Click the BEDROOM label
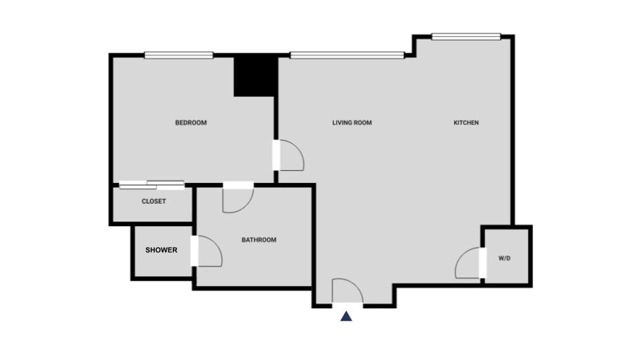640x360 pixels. click(191, 123)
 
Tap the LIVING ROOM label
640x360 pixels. click(352, 123)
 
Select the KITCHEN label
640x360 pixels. click(466, 123)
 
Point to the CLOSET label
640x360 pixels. click(154, 201)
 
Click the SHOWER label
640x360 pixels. click(161, 250)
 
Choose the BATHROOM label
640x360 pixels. click(259, 240)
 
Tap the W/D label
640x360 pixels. click(504, 259)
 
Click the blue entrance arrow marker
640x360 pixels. click(346, 316)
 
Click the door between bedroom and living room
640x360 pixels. click(290, 155)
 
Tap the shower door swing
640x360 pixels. click(208, 251)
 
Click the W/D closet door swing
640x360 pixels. click(468, 263)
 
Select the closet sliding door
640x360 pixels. click(152, 185)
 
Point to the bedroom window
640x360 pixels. click(179, 55)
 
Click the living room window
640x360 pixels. click(347, 55)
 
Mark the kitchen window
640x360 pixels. click(466, 37)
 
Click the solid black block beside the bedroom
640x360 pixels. click(255, 76)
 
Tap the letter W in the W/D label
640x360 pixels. click(501, 259)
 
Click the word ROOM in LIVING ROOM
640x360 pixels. click(363, 123)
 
